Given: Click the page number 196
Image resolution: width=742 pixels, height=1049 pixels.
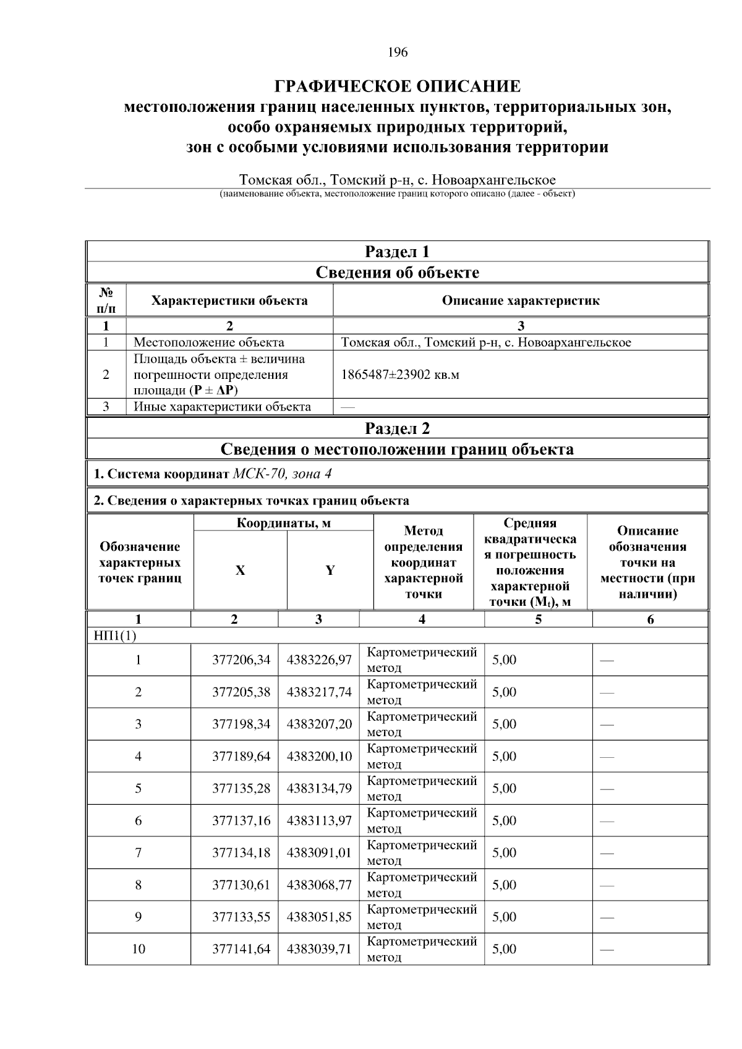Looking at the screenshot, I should coord(398,53).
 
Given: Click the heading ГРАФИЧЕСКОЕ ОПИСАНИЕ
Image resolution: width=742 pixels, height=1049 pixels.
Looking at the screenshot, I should coord(398,86).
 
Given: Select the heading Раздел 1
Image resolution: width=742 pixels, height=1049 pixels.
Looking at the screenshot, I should coord(397,252).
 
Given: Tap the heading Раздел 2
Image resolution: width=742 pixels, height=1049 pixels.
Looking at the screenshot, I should coord(397,428).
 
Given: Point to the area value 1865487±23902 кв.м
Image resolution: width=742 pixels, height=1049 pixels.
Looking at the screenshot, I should coord(400,375).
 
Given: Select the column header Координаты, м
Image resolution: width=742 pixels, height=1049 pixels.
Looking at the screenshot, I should coord(284,523).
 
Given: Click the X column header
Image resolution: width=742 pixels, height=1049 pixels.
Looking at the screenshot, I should coord(240,571).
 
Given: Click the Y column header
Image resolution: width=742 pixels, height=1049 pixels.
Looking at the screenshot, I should coord(330,571).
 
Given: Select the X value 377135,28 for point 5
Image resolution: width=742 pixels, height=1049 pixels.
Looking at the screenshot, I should coord(241,788).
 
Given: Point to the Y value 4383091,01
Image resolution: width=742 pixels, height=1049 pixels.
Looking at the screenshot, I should coord(319,852).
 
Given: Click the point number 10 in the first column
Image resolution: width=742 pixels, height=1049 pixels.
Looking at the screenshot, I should coord(139,949).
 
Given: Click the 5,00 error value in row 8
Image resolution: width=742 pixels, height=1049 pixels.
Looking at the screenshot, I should coord(504,885).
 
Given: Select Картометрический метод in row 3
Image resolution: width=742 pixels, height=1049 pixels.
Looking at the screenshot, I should coord(422,724).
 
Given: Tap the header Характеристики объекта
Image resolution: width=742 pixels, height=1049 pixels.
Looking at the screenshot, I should coord(229,301).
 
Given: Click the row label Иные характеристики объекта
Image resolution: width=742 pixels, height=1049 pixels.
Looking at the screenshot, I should coord(223,407).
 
